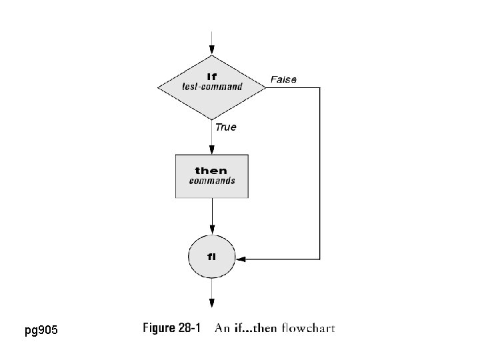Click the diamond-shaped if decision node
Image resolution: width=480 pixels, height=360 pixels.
[x=212, y=87]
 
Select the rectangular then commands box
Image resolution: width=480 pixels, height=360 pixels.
[x=212, y=176]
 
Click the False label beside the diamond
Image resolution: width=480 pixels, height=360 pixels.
[x=283, y=79]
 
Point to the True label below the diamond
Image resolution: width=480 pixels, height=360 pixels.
[x=225, y=127]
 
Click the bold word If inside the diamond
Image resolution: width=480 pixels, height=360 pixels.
[x=212, y=77]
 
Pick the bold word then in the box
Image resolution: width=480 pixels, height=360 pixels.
[x=211, y=171]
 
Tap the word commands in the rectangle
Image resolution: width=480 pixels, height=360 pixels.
[x=211, y=181]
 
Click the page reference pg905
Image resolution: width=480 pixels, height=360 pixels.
[x=41, y=331]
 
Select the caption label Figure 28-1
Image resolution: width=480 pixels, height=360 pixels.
[x=172, y=328]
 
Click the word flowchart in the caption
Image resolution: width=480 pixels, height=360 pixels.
[x=309, y=328]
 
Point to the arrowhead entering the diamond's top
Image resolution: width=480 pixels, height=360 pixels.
[x=212, y=51]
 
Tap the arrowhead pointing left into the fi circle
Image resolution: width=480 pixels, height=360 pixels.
[x=241, y=258]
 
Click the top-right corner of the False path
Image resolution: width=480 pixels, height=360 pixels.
[x=320, y=87]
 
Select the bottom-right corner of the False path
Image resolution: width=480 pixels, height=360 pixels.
[x=320, y=258]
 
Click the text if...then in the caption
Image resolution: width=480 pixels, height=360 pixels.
[x=257, y=328]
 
